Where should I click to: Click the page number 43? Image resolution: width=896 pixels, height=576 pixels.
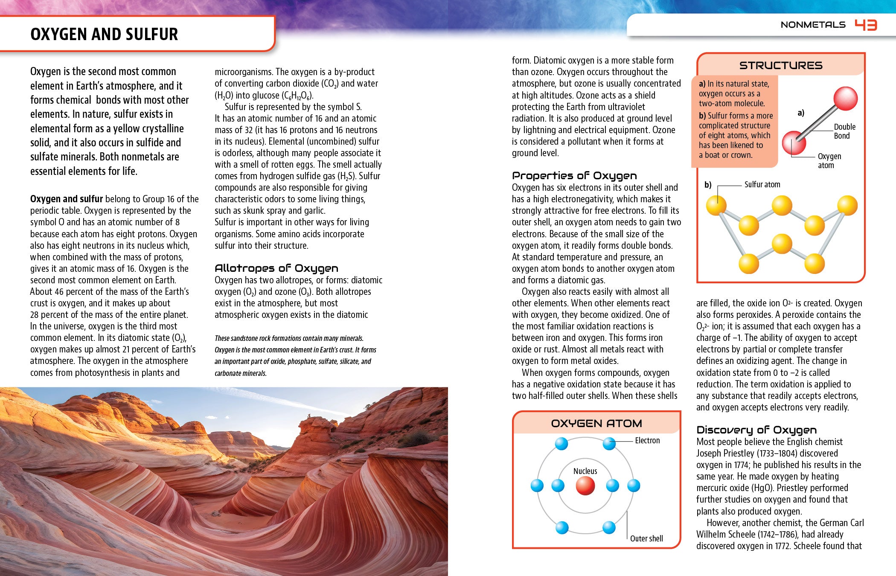coord(866,25)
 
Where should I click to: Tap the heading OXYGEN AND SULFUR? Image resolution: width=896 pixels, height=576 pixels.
coord(104,34)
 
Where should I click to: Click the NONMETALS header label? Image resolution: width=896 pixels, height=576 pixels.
coord(813,25)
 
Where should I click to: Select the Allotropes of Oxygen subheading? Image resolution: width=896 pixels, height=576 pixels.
coord(276,268)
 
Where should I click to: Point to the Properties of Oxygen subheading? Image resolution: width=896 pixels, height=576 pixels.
coord(574,176)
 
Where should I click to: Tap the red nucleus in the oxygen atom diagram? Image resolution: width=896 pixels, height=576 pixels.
coord(585,486)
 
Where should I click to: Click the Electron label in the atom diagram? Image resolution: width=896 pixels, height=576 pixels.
coord(647,440)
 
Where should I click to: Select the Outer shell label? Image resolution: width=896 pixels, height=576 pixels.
coord(646,538)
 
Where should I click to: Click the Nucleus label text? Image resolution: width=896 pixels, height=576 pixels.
coord(585,471)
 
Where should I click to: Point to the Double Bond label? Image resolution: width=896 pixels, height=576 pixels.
coord(844,131)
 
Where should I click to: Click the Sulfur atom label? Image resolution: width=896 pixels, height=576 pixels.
coord(762,184)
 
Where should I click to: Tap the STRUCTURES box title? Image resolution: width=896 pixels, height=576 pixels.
coord(780,65)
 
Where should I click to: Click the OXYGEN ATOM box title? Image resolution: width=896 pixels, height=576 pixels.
coord(596,423)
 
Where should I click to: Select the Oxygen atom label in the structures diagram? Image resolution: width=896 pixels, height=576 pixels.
coord(829,161)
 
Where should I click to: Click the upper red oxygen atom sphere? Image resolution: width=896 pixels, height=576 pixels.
coord(845,98)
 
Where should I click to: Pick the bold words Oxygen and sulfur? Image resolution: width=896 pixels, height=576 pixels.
coord(67,199)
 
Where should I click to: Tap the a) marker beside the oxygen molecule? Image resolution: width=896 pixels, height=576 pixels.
coord(801,113)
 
